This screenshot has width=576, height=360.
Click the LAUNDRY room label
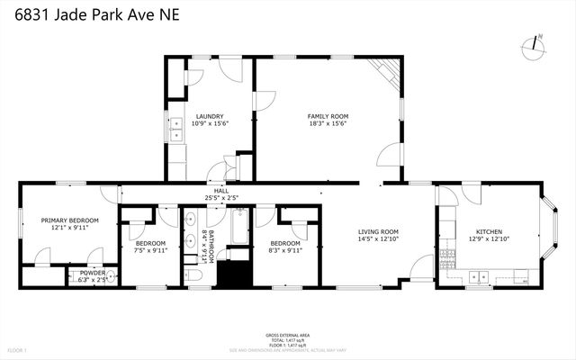pos(210,116)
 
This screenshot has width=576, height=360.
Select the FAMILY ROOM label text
pos(328,116)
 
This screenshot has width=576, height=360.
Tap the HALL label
pos(220,191)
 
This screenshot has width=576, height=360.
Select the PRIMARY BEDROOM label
pos(69,220)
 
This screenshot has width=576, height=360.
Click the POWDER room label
pos(93,273)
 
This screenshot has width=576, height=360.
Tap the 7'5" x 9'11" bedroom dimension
pos(151,251)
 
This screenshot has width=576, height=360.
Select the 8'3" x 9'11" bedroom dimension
pos(285,251)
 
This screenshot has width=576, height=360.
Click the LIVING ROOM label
pos(378,232)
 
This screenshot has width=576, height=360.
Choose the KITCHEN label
pos(489,231)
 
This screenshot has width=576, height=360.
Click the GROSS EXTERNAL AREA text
pos(288,333)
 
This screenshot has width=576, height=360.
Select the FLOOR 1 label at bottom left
pos(18,349)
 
